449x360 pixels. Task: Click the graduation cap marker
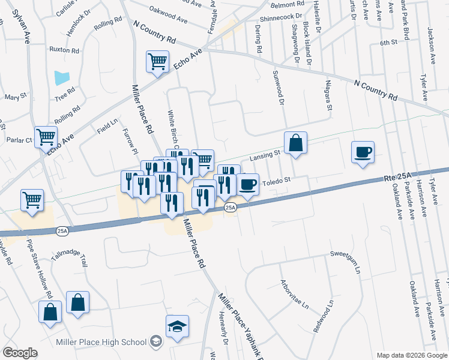coord(177,326)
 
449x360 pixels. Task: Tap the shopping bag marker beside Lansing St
coord(295,143)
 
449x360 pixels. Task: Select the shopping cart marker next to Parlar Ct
coord(46,137)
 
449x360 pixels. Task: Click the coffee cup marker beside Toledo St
coord(247,184)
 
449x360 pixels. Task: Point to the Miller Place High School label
coord(100,342)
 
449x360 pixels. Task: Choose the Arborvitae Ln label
coord(295,294)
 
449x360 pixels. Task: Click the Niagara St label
coord(328,95)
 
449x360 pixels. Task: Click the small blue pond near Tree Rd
coord(62,77)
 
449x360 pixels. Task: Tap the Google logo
coord(20,353)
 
